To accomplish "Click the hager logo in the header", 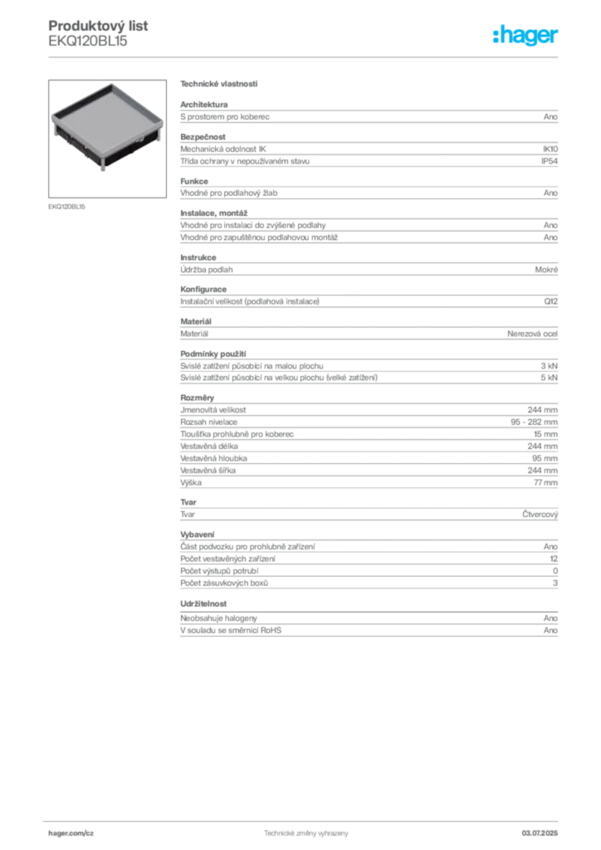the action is (x=525, y=35).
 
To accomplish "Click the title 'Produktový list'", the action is (x=98, y=26).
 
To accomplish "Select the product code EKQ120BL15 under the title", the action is (x=88, y=41).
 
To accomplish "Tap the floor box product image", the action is (x=107, y=139).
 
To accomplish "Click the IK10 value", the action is (x=550, y=149).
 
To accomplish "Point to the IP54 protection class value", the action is (x=550, y=161).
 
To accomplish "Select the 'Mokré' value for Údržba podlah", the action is (x=546, y=270).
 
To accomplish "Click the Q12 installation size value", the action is (x=551, y=301).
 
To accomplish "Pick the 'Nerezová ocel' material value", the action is (x=533, y=334).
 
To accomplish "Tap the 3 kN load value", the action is (x=550, y=366).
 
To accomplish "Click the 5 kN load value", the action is (x=550, y=378).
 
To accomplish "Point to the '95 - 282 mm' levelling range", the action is (x=535, y=422).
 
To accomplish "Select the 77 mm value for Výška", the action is (x=545, y=482).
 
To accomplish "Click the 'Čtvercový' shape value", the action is (x=540, y=515).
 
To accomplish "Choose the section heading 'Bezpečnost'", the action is (x=203, y=137).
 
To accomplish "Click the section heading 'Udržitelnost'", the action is (x=203, y=604).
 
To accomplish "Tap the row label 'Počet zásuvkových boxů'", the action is (x=224, y=584).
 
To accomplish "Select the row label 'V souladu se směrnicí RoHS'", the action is (x=231, y=631).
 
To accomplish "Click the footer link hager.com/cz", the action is (x=71, y=833).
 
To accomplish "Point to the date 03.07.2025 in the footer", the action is (x=540, y=833).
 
